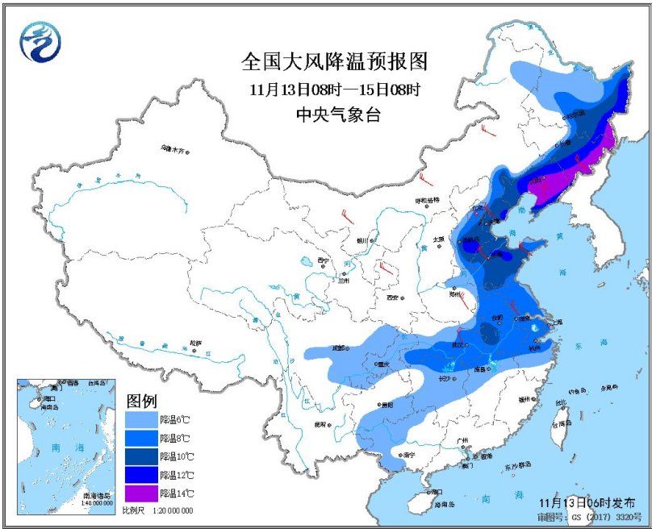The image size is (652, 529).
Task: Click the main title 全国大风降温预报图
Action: (334, 61)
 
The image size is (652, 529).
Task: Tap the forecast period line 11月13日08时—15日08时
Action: (334, 89)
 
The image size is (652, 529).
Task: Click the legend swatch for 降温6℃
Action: (142, 419)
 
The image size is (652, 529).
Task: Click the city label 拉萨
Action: (194, 343)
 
